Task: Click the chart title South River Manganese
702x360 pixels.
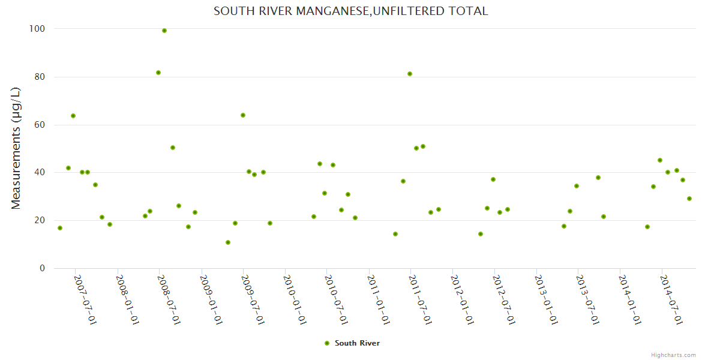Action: pos(350,11)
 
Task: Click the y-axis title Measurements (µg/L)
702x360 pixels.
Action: pos(16,148)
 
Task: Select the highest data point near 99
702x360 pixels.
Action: pos(164,31)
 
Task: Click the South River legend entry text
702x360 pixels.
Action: pos(357,343)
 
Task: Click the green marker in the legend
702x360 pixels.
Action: pos(327,343)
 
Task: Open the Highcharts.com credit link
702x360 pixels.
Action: pos(673,355)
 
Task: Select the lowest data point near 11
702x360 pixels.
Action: pos(228,242)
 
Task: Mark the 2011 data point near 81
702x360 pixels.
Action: pos(410,74)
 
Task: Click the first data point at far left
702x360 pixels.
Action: pos(60,228)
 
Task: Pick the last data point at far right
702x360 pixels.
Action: pos(689,199)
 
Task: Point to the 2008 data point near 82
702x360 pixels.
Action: pos(158,73)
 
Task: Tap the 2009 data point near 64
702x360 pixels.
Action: pos(243,115)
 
